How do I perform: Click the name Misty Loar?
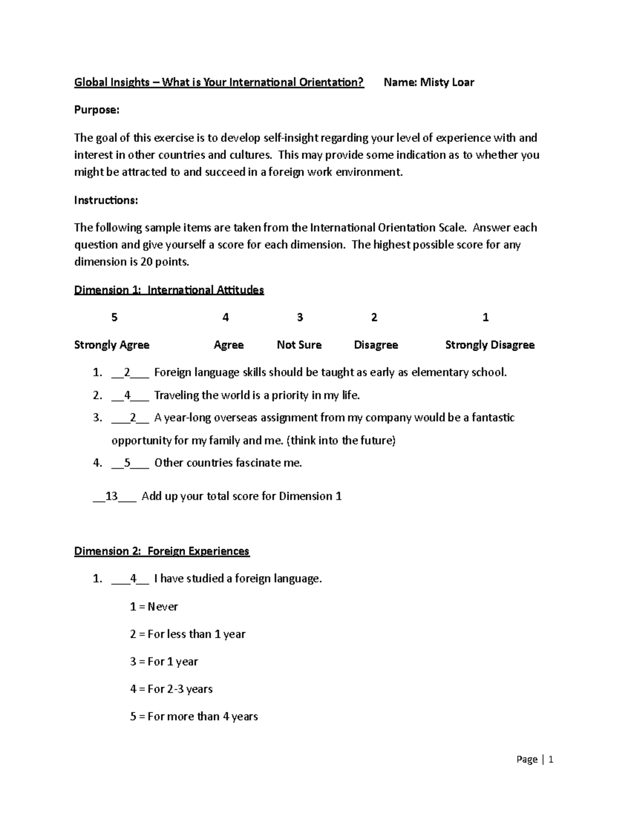click(447, 82)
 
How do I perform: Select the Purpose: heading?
click(97, 110)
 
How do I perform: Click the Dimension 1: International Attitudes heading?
click(169, 290)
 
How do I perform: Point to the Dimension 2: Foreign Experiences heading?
click(161, 551)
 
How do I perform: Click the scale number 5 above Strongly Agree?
click(114, 317)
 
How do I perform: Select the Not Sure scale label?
click(299, 345)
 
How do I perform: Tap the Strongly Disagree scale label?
click(490, 345)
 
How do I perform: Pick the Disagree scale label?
click(375, 345)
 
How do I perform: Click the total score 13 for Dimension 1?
click(111, 497)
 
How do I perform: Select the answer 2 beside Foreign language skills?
click(126, 373)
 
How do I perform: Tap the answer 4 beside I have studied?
click(133, 579)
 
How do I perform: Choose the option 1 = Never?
click(154, 607)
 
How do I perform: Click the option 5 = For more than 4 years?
click(194, 717)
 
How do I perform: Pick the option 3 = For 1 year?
click(164, 662)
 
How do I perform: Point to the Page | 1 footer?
click(535, 759)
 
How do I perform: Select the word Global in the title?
click(90, 82)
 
